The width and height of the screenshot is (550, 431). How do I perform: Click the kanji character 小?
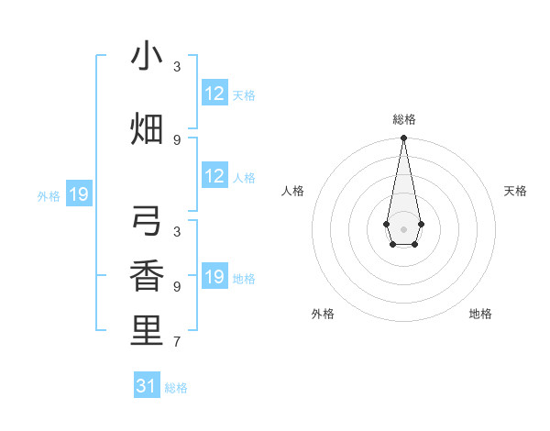(x=147, y=56)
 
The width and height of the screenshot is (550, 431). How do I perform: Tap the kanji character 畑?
(x=147, y=127)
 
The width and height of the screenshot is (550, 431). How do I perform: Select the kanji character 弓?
(x=147, y=223)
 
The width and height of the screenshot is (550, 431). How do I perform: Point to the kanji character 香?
(x=147, y=277)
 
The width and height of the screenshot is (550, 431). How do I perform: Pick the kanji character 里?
(x=147, y=330)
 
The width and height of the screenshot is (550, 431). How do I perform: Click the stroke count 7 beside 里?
(x=177, y=342)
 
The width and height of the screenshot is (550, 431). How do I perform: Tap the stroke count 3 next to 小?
(x=177, y=66)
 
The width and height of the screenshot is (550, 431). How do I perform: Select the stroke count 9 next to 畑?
(x=177, y=139)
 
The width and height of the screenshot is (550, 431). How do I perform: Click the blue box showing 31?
(x=147, y=386)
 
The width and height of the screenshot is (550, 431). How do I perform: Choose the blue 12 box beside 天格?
(x=214, y=94)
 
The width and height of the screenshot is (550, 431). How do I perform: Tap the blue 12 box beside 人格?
(x=214, y=176)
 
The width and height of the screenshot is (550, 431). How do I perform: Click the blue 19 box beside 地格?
(x=214, y=277)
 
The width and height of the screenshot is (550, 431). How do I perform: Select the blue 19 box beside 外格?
(x=79, y=194)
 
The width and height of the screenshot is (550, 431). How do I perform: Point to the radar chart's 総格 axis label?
(x=404, y=119)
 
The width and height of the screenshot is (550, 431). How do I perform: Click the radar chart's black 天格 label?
(x=516, y=191)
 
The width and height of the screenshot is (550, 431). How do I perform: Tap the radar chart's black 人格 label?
(x=293, y=191)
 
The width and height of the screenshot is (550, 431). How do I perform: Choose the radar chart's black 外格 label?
(x=323, y=314)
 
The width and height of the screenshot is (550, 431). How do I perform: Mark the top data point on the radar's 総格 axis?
(x=403, y=138)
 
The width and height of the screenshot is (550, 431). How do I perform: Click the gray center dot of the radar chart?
(x=403, y=228)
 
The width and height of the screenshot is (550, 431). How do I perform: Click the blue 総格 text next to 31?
(x=176, y=388)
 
